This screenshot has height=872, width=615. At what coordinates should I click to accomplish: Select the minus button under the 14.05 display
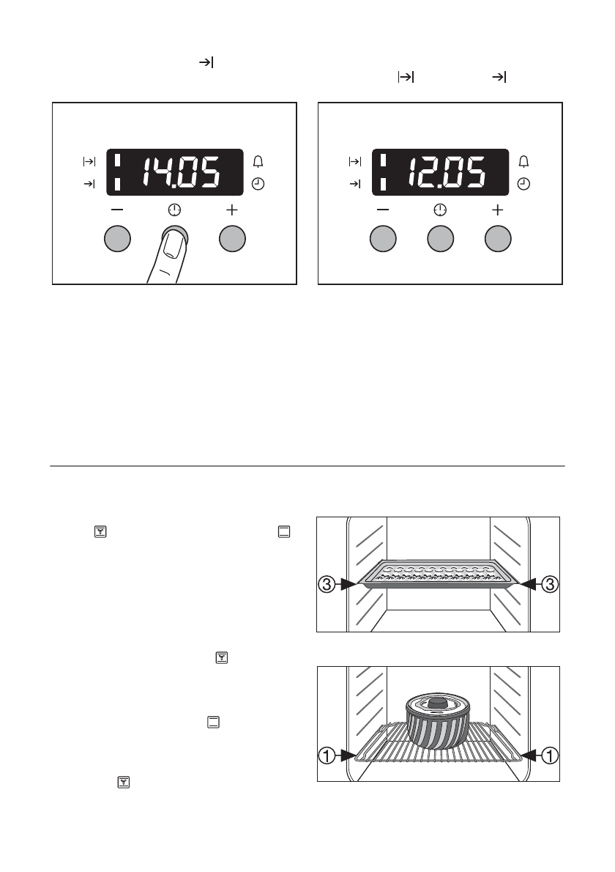point(117,239)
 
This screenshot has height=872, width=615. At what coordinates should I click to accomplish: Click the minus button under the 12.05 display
point(383,239)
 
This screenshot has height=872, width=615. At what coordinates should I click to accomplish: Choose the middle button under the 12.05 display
point(441,239)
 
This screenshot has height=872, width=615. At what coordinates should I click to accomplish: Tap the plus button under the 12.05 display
point(498,239)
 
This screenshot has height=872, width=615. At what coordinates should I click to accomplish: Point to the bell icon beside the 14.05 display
point(258,161)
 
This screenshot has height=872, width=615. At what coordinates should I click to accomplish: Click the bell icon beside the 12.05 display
point(523,161)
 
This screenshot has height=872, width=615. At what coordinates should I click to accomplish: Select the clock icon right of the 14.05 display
point(258,183)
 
